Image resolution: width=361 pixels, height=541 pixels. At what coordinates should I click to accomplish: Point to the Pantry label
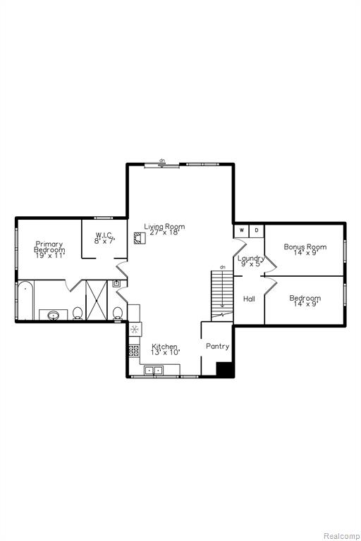pyautogui.click(x=218, y=346)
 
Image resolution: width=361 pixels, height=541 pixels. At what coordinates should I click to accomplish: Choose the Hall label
pyautogui.click(x=249, y=299)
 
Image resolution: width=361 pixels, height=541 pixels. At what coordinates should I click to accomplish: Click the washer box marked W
pyautogui.click(x=241, y=231)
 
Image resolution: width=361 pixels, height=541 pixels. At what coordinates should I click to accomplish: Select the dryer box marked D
pyautogui.click(x=257, y=231)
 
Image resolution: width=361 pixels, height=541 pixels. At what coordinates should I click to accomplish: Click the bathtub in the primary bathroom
pyautogui.click(x=25, y=300)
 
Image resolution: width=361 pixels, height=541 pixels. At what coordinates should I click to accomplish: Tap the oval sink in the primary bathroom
pyautogui.click(x=53, y=315)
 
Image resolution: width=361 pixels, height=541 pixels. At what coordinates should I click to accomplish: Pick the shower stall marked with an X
pyautogui.click(x=97, y=300)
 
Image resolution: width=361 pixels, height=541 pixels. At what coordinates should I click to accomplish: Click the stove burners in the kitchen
pyautogui.click(x=134, y=351)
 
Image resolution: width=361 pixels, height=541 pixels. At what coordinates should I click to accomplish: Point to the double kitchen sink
pyautogui.click(x=154, y=371)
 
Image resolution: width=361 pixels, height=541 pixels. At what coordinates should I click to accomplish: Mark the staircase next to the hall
pyautogui.click(x=222, y=296)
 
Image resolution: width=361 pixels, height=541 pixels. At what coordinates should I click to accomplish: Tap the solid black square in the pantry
pyautogui.click(x=224, y=369)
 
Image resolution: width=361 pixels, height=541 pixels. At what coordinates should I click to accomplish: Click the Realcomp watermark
pyautogui.click(x=341, y=536)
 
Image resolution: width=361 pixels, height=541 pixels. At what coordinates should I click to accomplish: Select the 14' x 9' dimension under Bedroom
pyautogui.click(x=305, y=304)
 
